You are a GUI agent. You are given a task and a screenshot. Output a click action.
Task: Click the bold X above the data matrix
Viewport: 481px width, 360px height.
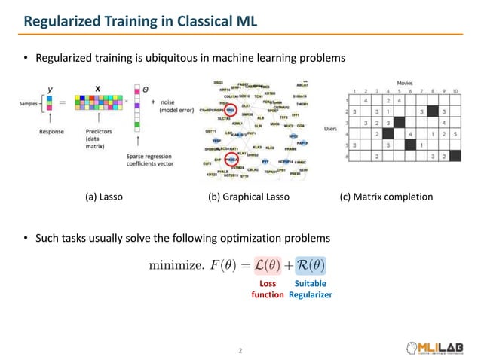pyautogui.click(x=97, y=88)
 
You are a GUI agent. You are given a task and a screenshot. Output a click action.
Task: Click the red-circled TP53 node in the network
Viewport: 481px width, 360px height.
pyautogui.click(x=229, y=109)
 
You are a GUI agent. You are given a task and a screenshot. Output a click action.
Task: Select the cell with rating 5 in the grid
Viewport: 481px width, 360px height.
pyautogui.click(x=455, y=134)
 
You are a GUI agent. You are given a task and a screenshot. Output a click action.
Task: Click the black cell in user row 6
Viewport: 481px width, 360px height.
pyautogui.click(x=455, y=156)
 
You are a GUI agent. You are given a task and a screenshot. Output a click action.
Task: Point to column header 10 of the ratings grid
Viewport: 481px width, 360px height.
pyautogui.click(x=455, y=90)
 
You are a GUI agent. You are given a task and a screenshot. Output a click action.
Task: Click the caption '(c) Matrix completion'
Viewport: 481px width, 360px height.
pyautogui.click(x=387, y=197)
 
